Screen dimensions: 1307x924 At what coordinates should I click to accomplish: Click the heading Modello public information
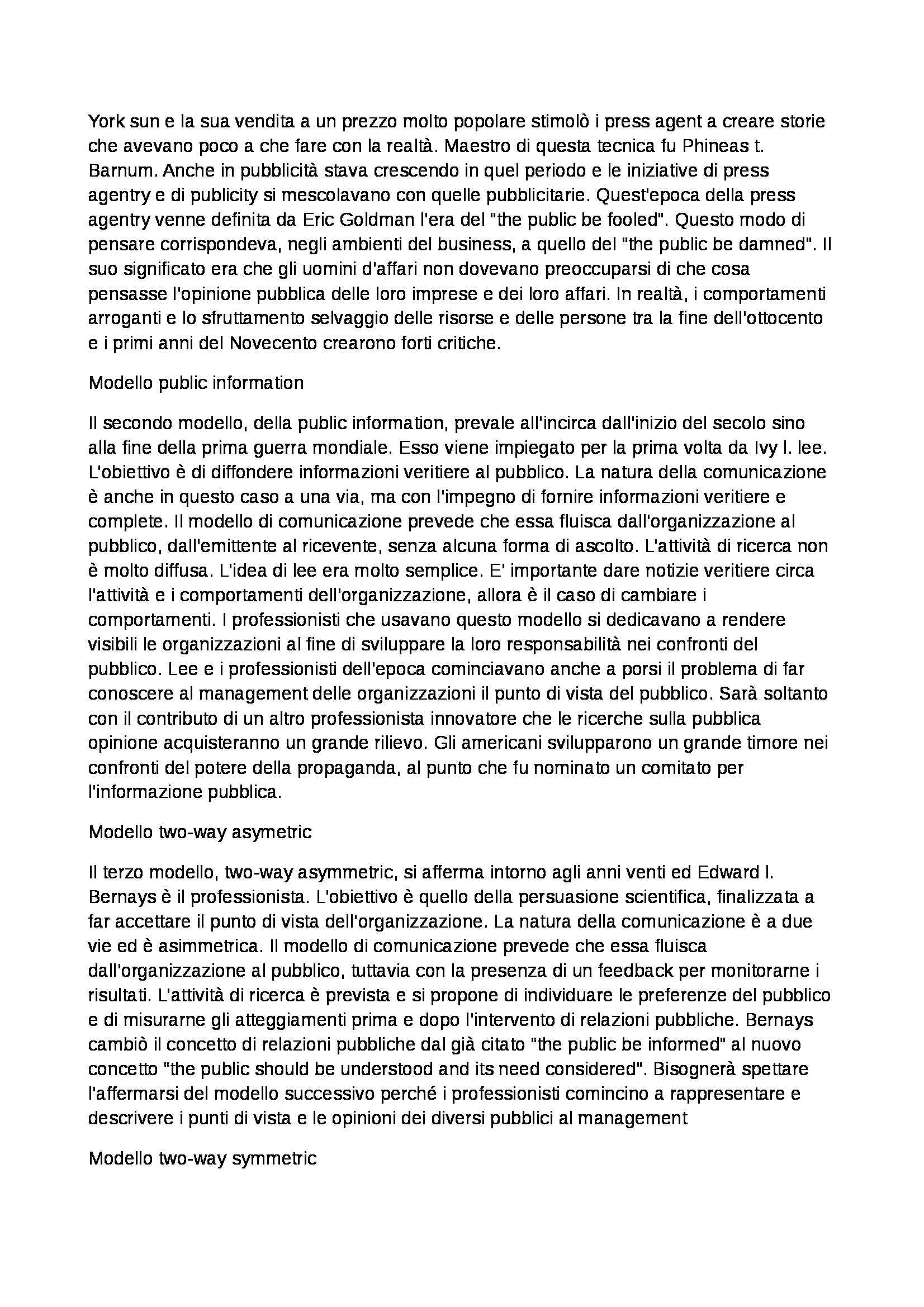196,383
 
